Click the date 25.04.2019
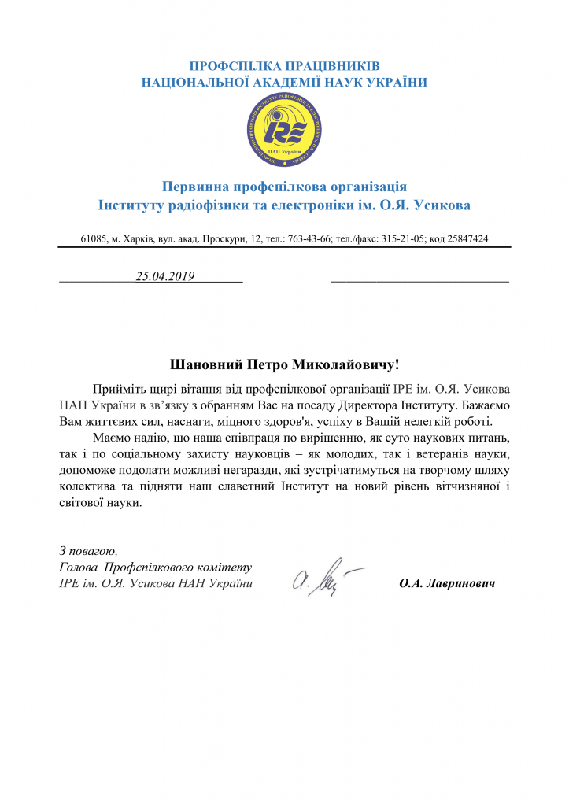tap(164, 276)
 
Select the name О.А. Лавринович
tap(446, 584)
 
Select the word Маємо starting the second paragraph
tap(112, 438)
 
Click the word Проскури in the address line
tap(227, 238)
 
